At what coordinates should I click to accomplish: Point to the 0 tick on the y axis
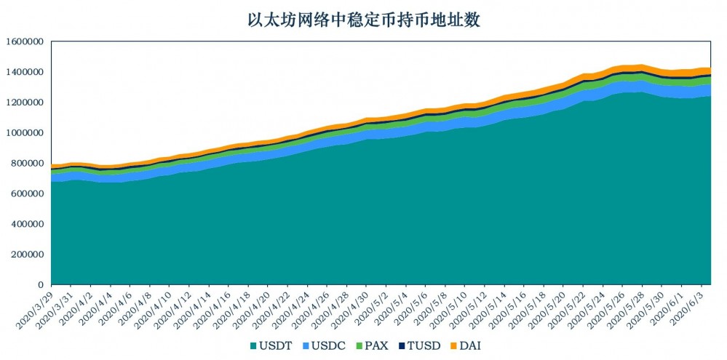[x=41, y=285]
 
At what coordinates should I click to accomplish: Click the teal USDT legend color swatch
[x=251, y=345]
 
